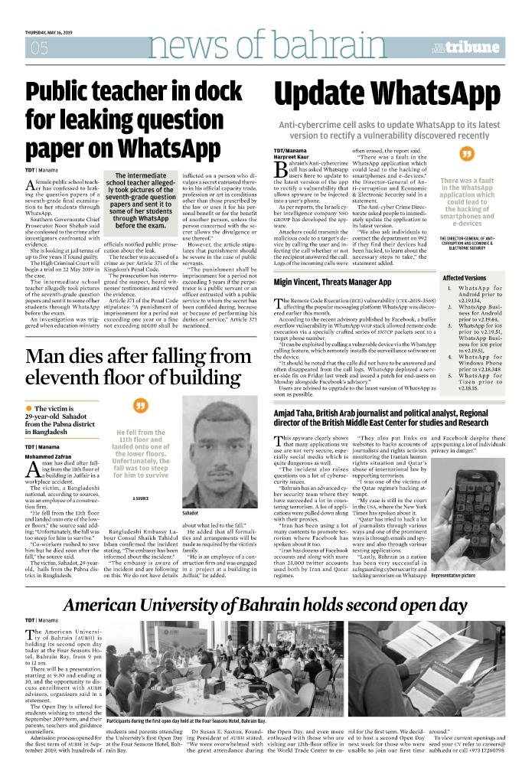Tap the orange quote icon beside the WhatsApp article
[465, 155]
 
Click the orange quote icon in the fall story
[140, 406]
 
